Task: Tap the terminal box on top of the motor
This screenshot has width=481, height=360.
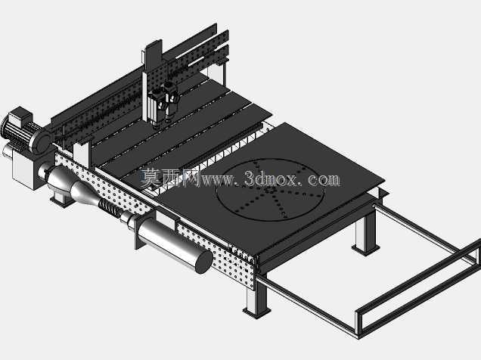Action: click(x=20, y=116)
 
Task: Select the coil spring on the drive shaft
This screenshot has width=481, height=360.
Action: click(x=109, y=208)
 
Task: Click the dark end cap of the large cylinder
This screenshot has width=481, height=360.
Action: click(x=204, y=262)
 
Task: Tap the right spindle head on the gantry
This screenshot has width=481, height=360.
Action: click(x=171, y=100)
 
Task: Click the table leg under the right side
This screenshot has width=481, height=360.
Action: click(x=365, y=230)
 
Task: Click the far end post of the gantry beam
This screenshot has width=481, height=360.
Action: click(x=222, y=73)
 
